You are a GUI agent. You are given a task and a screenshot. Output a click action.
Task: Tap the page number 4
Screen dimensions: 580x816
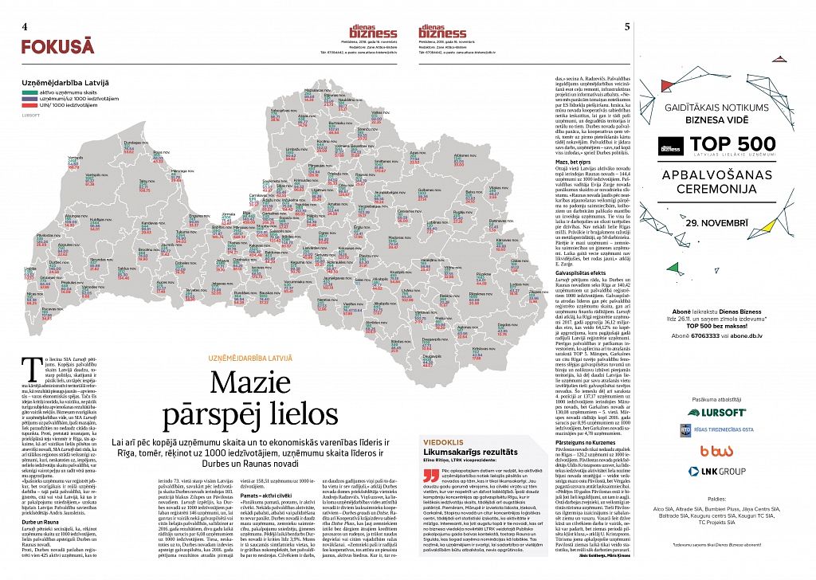pos(26,26)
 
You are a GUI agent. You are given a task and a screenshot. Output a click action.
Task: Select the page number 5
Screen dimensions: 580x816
pos(629,26)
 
